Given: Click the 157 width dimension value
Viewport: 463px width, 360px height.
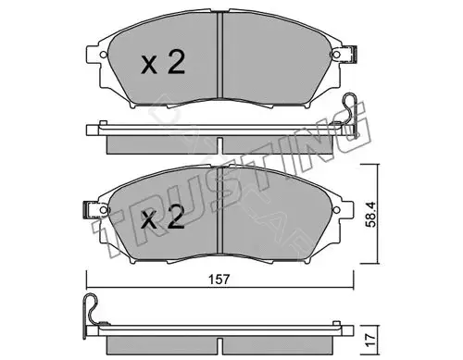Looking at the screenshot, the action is click(x=219, y=279).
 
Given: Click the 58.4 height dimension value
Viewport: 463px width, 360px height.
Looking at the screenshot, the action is click(x=370, y=215).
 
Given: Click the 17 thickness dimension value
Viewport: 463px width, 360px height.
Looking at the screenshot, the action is click(x=370, y=340).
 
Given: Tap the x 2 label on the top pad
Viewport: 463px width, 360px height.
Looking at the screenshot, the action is click(x=163, y=62).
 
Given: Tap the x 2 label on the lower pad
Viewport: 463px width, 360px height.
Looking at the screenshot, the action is click(x=163, y=217).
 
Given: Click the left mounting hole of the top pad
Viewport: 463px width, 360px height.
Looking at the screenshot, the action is click(x=104, y=55).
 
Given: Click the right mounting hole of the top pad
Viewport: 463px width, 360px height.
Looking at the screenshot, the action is click(x=336, y=55).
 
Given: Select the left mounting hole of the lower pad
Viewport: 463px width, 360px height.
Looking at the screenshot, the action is click(x=104, y=210).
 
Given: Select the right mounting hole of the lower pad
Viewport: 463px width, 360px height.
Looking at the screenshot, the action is click(x=336, y=209).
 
